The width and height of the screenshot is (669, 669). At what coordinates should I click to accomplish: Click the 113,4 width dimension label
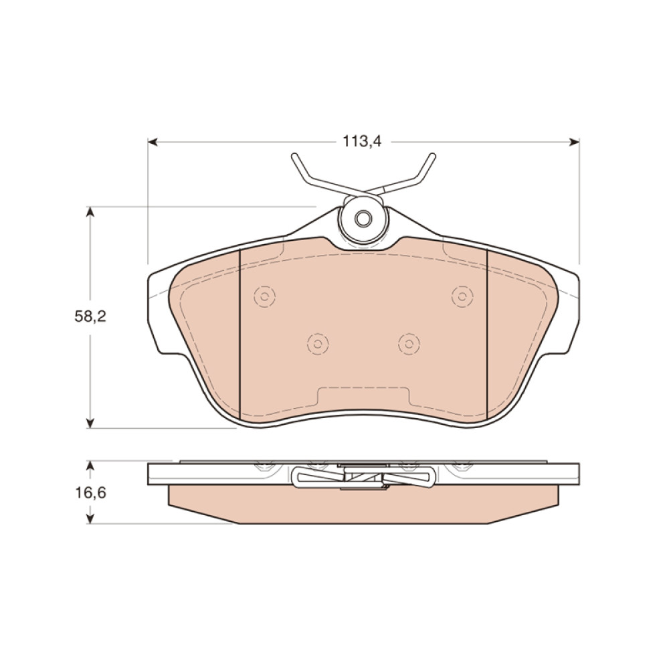point(362,141)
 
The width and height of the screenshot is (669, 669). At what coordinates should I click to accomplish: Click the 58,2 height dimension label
point(90,316)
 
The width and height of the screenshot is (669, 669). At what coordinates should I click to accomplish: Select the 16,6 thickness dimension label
point(90,493)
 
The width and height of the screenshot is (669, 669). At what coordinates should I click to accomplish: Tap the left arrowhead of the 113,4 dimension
point(153,142)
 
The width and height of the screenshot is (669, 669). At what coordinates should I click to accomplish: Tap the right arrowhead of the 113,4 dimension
point(574,142)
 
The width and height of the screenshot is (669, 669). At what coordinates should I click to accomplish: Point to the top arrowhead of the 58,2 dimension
point(90,212)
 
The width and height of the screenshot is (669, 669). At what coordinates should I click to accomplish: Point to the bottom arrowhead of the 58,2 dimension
point(90,422)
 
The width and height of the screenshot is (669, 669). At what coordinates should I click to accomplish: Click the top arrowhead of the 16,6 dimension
point(90,466)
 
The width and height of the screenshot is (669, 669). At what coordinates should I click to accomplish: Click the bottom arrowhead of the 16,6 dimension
point(90,518)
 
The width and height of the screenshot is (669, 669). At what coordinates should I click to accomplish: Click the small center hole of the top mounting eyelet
point(363,219)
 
